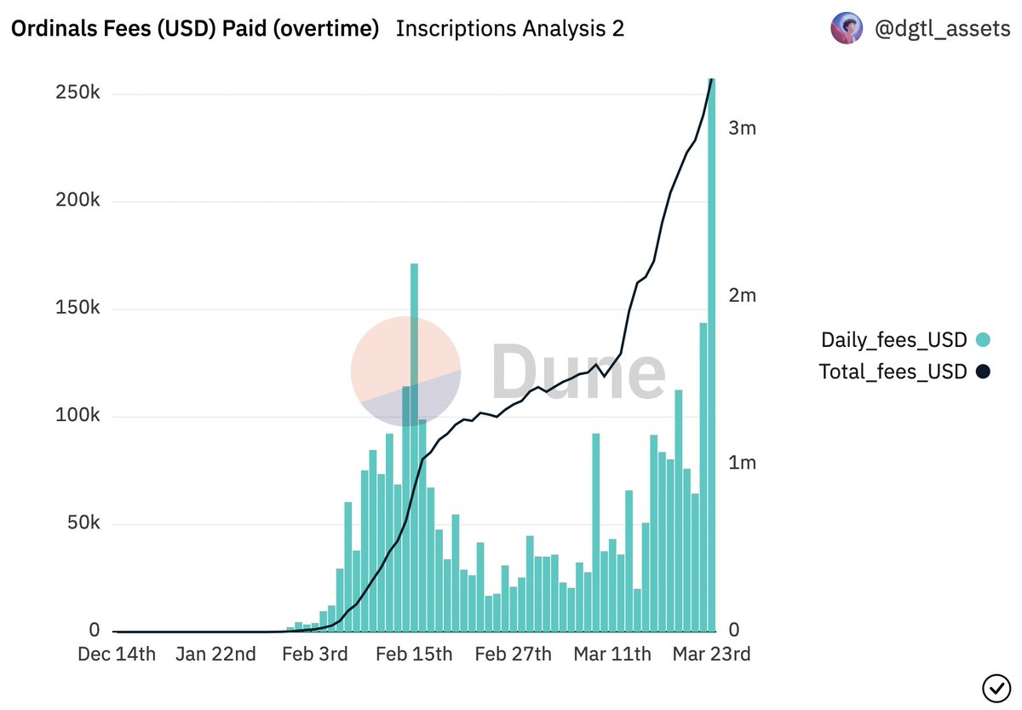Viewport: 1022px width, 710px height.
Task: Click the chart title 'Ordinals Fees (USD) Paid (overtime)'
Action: (194, 29)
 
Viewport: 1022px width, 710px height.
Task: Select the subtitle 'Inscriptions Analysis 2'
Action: (509, 29)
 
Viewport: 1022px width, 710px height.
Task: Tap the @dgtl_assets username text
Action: (943, 29)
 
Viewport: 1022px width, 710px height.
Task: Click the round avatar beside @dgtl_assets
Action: (847, 29)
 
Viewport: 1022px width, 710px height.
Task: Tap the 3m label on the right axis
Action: (742, 129)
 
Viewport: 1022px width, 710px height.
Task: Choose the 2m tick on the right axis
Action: (742, 296)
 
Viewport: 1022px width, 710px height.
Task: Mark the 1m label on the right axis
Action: (742, 464)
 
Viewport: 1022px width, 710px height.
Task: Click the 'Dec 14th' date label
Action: (117, 655)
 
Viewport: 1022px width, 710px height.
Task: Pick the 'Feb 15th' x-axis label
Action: (414, 655)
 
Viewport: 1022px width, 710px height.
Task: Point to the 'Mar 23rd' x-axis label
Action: (712, 655)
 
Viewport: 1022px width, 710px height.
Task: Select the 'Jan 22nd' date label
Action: (215, 655)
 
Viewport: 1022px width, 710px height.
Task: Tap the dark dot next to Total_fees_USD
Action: (983, 372)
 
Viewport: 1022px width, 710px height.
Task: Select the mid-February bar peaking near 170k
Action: (414, 447)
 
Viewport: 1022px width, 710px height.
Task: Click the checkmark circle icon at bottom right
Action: (996, 686)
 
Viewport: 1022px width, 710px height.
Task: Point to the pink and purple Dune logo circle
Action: (406, 371)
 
